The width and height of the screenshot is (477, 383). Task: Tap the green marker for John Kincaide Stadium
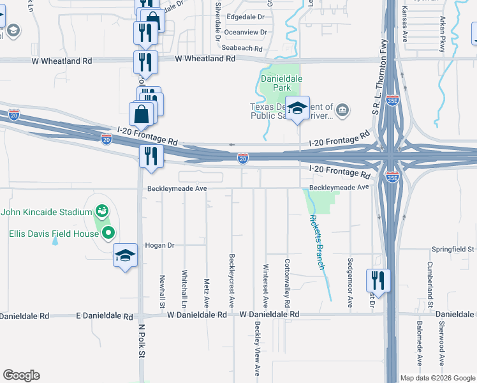coord(101,211)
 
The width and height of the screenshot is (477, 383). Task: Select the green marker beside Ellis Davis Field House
coord(108,234)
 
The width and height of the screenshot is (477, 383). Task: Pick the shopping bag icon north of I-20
coord(142,115)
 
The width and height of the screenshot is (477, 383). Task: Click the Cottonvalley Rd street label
coord(288,281)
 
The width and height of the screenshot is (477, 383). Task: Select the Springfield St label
coord(453,248)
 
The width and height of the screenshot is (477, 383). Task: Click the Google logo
coord(21,375)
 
